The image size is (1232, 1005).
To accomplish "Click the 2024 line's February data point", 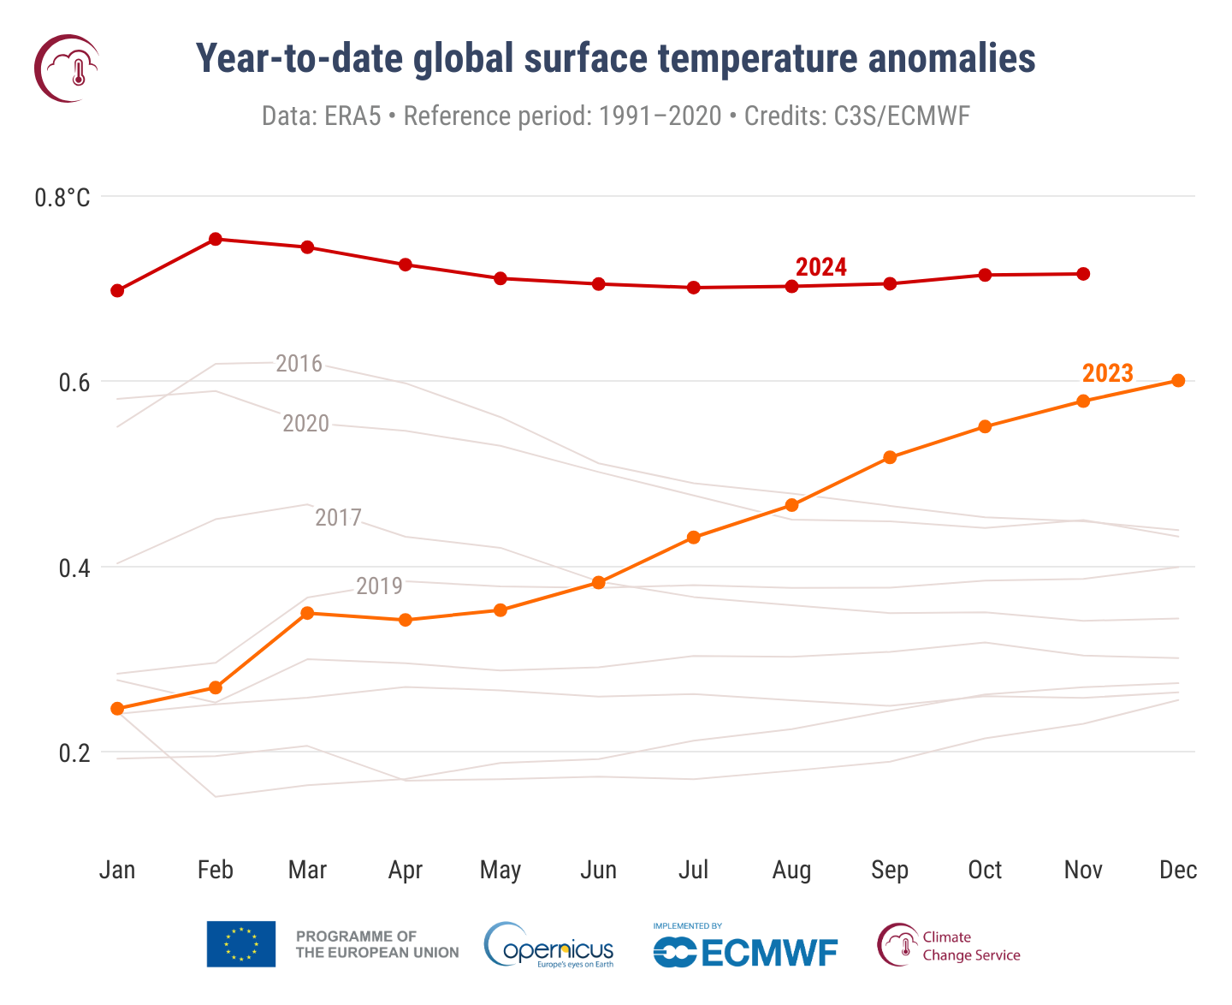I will pos(216,239).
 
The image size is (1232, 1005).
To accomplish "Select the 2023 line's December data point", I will pos(1177,381).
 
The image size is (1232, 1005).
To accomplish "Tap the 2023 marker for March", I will pos(307,613).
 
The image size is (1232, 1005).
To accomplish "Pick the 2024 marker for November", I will pos(1082,274).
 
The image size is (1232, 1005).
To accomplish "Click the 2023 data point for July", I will pos(694,538).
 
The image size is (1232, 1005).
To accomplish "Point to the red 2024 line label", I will pos(820,267).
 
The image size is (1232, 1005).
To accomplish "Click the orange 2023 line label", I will pos(1107,373).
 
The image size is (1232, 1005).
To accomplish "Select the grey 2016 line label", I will pos(299,364).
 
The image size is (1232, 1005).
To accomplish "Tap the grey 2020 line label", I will pos(305,424).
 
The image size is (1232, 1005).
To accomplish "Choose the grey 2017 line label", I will pos(338,518).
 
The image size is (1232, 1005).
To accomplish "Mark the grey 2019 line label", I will pos(379,586).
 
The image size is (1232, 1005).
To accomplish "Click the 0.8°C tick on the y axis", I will pos(62,198).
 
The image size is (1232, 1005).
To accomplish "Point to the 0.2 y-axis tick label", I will pos(74,753).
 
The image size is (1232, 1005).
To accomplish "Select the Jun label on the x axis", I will pos(598,871).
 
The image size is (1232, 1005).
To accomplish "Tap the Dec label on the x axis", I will pos(1177,871).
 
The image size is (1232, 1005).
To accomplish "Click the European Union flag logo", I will pos(240,944).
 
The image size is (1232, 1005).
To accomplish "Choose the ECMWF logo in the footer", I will pos(744,949).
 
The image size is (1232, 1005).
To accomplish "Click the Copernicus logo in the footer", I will pos(548,946).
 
